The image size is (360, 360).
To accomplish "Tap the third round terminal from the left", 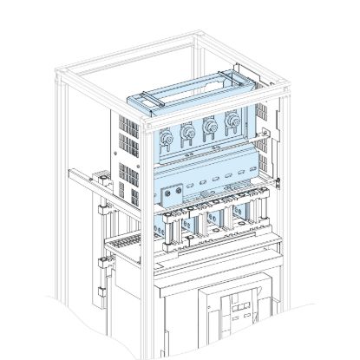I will point(208,128).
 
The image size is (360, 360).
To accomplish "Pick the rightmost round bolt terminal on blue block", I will point(232,121).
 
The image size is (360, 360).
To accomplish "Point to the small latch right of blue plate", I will point(280,183).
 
